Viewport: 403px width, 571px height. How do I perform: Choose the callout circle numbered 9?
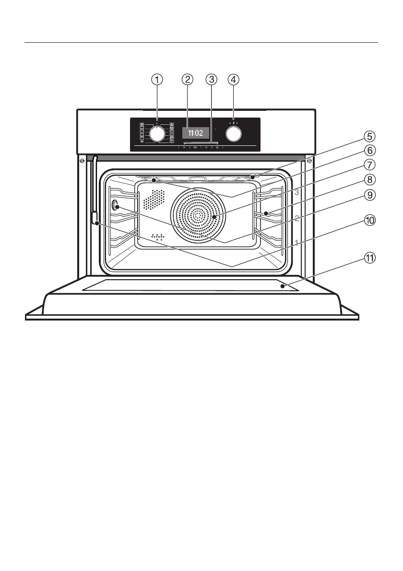(x=368, y=195)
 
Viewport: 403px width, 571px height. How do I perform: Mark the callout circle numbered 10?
(x=368, y=220)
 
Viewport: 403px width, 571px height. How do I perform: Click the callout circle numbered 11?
(x=368, y=258)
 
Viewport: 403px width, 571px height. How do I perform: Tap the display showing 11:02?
(x=195, y=131)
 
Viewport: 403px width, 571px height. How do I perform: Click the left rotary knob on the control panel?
(x=157, y=134)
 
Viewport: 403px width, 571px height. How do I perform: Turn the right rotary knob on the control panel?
(x=233, y=134)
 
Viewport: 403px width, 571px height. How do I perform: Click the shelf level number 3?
(x=297, y=192)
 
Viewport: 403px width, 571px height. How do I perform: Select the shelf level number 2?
(x=297, y=218)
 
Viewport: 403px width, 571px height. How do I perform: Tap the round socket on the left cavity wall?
(x=115, y=206)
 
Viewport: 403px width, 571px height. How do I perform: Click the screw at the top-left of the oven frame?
(x=83, y=160)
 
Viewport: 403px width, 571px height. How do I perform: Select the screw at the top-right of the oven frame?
(x=309, y=160)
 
